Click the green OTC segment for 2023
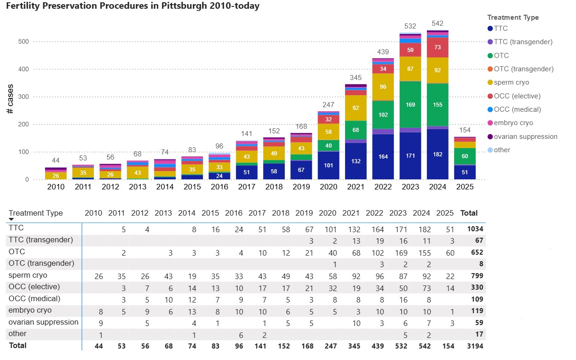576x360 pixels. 410,104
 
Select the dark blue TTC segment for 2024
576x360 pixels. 438,154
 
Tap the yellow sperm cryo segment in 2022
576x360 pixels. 383,87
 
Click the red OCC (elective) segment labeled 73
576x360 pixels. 438,47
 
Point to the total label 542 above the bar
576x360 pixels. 438,23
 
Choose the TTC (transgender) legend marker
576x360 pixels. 490,42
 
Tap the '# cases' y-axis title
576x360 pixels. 10,99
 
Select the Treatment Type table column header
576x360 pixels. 36,213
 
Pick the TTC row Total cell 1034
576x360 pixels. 475,229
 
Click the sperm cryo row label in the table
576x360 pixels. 28,275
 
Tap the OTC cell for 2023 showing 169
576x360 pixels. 398,252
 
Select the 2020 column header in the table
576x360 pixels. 328,213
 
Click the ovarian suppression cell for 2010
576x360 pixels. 100,322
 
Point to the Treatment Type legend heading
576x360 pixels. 513,17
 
